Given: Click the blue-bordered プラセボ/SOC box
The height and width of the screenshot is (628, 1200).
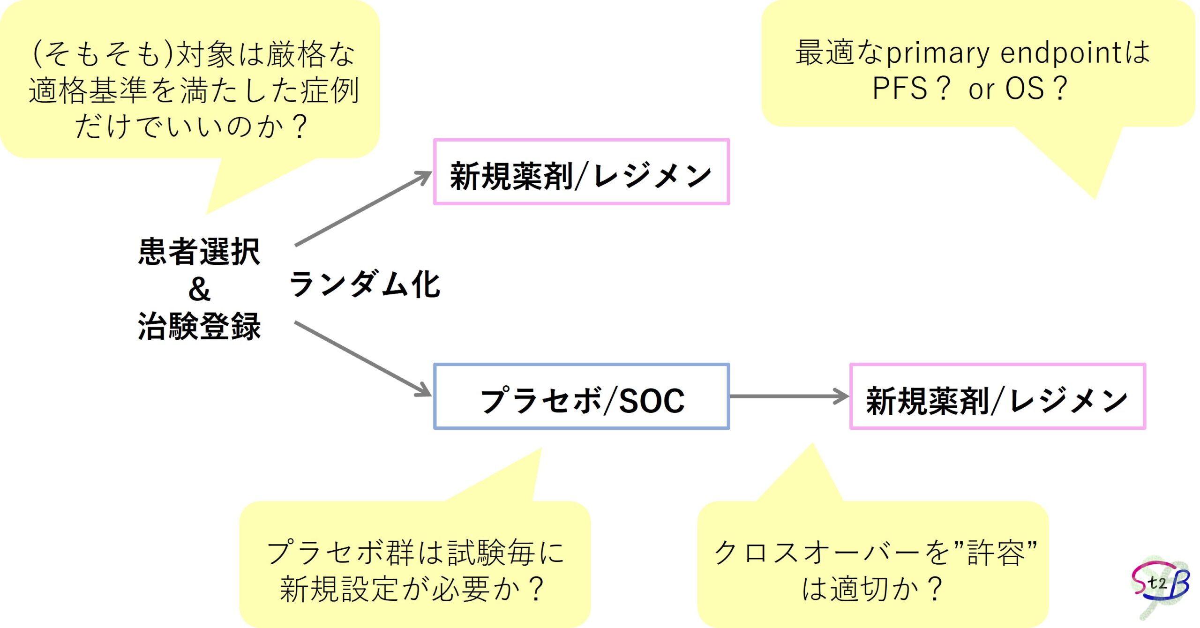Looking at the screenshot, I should click(581, 396).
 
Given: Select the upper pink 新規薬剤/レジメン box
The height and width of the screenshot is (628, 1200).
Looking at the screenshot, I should click(581, 172).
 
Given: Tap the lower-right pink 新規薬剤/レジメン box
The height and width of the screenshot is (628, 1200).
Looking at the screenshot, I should click(997, 396).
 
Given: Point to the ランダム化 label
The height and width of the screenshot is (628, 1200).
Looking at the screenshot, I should click(365, 284).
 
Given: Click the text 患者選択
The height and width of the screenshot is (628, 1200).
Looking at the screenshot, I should click(199, 252).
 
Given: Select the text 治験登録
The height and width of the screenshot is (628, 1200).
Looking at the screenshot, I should click(199, 326).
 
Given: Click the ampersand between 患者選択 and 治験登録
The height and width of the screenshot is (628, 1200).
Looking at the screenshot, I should click(199, 289).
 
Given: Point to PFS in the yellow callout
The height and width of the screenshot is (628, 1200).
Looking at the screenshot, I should click(900, 88).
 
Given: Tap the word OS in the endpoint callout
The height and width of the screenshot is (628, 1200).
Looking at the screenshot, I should click(1025, 88).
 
